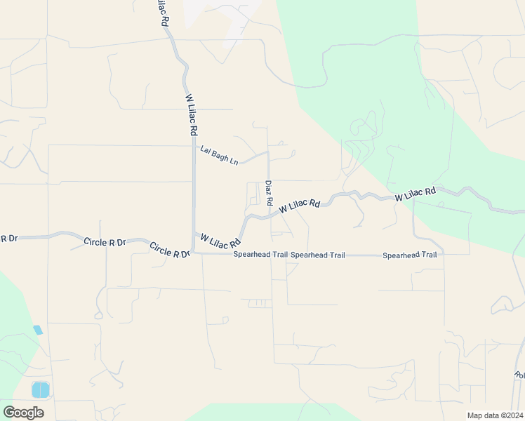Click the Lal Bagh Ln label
tap(219, 155)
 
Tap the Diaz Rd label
tap(269, 192)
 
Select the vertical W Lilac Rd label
tap(192, 116)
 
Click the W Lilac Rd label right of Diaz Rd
tap(300, 206)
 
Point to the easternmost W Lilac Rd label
tap(415, 194)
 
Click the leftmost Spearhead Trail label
tap(260, 255)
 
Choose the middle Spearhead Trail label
tap(318, 255)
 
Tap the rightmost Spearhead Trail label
tap(410, 255)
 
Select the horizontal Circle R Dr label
tap(105, 242)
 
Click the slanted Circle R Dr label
tap(169, 250)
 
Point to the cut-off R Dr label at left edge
tap(8, 239)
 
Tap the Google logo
tap(23, 413)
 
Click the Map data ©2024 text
tap(494, 415)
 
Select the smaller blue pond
tap(37, 330)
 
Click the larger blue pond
tap(41, 389)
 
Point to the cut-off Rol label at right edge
tap(519, 375)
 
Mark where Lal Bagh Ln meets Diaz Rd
tap(268, 152)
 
